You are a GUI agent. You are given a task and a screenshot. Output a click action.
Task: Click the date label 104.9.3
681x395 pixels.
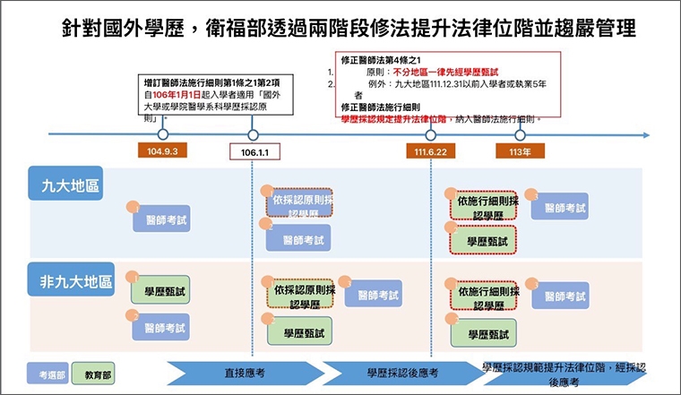[x=162, y=152]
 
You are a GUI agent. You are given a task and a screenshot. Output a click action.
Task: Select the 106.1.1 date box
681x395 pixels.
[x=254, y=152]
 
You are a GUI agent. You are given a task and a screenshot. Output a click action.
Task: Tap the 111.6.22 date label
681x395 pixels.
[x=430, y=152]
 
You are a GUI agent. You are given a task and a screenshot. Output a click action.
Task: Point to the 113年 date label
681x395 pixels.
[x=519, y=152]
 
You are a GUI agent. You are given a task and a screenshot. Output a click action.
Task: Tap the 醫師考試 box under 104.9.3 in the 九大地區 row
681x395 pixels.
[x=162, y=219]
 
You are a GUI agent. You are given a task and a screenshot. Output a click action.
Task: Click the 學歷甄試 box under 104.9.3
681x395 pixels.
[x=162, y=291]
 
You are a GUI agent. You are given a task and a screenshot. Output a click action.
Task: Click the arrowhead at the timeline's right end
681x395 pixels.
[x=647, y=135]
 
